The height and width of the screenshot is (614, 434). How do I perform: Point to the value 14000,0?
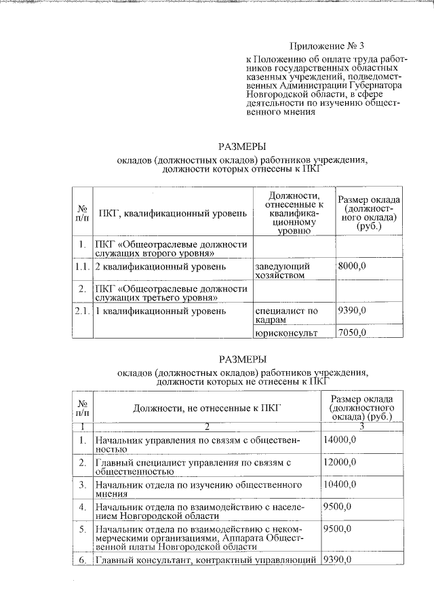(340, 440)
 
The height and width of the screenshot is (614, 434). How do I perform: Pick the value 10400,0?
(340, 485)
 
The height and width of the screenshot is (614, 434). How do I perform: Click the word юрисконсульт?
(286, 332)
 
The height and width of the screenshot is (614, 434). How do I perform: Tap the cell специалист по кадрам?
(286, 315)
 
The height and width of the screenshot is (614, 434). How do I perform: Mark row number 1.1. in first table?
(81, 267)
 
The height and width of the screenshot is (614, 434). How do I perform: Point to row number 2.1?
(81, 311)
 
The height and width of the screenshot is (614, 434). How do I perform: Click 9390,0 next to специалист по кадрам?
(352, 311)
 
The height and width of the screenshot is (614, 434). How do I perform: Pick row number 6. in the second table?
(81, 560)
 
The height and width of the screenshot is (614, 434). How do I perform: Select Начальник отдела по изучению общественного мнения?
(198, 490)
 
